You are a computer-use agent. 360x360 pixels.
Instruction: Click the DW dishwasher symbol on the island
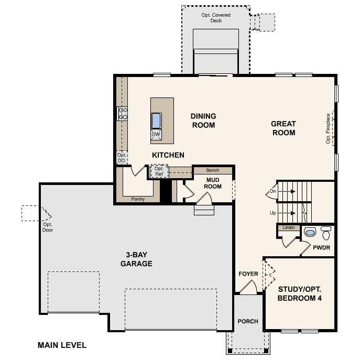[x=156, y=135]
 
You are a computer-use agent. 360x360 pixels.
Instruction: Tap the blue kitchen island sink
[x=156, y=121]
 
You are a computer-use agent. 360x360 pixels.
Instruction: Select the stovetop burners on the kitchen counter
[x=123, y=114]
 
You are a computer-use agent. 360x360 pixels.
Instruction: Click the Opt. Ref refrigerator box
[x=159, y=171]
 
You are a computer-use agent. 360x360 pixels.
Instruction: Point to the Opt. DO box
[x=122, y=158]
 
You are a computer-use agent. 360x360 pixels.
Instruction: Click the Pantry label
[x=138, y=199]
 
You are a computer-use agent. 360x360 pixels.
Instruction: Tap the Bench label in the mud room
[x=213, y=170]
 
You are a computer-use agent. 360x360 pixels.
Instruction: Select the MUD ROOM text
[x=213, y=183]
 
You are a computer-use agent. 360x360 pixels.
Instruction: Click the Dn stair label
[x=273, y=191]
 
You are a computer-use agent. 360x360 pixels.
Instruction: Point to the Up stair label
[x=273, y=213]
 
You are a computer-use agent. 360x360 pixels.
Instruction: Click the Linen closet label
[x=289, y=227]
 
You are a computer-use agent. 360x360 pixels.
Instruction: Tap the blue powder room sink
[x=310, y=232]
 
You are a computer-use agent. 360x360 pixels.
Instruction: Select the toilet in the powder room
[x=326, y=233]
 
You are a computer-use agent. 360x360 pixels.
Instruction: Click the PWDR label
[x=321, y=247]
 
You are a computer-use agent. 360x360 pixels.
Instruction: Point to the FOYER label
[x=248, y=274]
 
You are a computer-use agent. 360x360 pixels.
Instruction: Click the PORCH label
[x=248, y=321]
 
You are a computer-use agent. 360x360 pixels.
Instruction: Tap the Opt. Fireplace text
[x=328, y=128]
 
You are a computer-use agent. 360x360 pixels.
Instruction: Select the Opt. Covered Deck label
[x=216, y=18]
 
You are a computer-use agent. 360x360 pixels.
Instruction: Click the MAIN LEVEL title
[x=62, y=345]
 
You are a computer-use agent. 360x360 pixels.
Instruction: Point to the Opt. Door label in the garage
[x=48, y=227]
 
